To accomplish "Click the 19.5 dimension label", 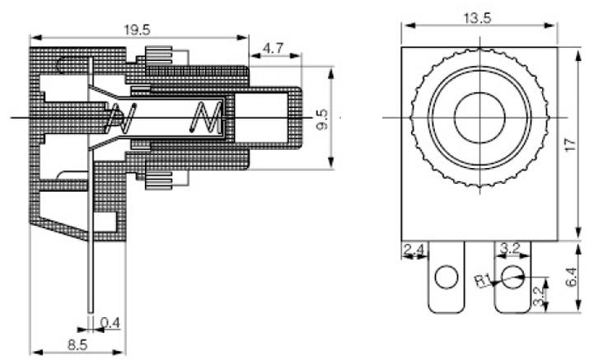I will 137,30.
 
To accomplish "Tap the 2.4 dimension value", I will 414,246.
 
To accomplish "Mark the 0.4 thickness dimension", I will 110,322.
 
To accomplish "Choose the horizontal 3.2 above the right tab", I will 508,246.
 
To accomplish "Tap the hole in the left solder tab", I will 446,277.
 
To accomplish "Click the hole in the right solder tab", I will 512,277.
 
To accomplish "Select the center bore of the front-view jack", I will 479,116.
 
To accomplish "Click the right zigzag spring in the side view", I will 203,119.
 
